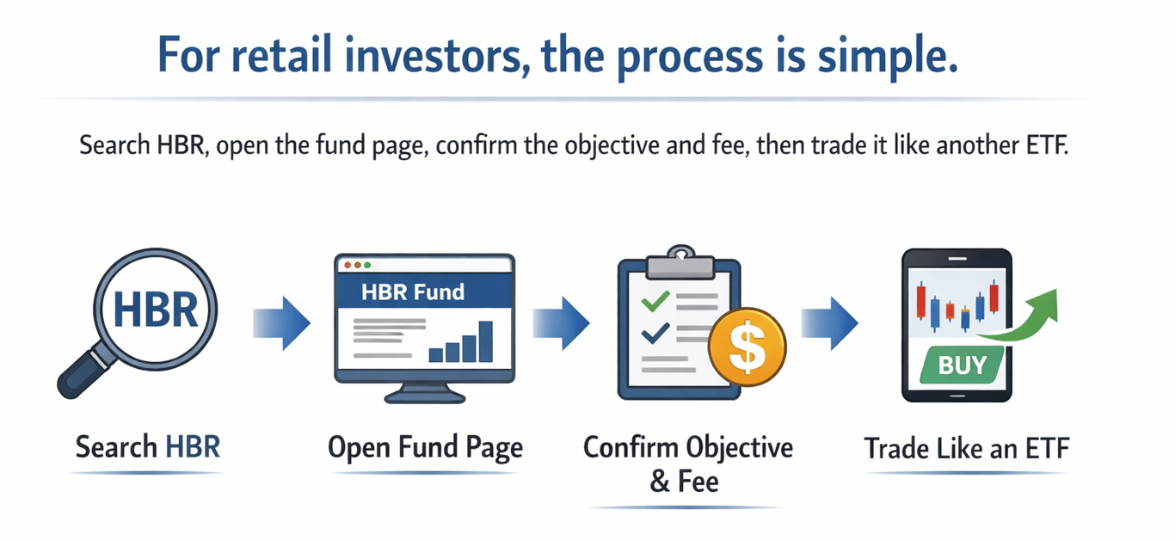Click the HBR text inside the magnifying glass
pyautogui.click(x=155, y=310)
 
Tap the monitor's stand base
pyautogui.click(x=424, y=396)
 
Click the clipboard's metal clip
pyautogui.click(x=680, y=255)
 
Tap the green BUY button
pyautogui.click(x=963, y=365)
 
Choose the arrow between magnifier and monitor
pyautogui.click(x=281, y=323)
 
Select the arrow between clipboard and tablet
pyautogui.click(x=829, y=323)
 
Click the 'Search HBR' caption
pyautogui.click(x=148, y=447)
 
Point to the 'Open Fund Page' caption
pyautogui.click(x=425, y=447)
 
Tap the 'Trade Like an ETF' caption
pyautogui.click(x=967, y=448)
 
